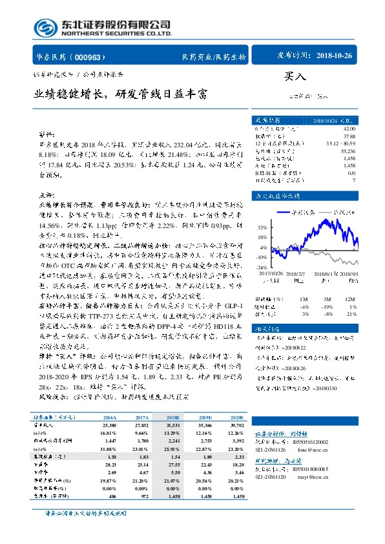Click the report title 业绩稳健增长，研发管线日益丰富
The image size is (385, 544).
tap(121, 94)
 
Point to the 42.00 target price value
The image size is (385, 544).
tap(349, 129)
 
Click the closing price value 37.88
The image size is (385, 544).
tap(349, 136)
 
